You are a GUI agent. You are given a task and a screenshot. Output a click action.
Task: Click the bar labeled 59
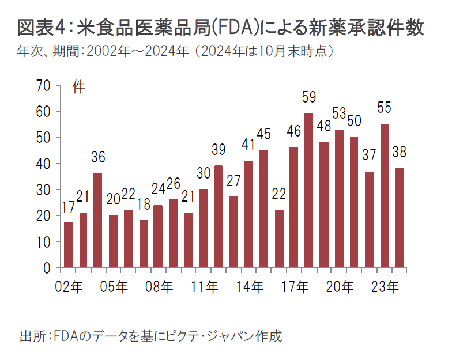(x=308, y=191)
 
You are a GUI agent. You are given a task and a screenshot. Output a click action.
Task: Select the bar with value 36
(x=98, y=220)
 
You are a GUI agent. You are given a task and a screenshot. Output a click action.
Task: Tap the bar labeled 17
(x=68, y=245)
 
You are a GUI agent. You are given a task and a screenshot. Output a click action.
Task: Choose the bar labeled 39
(x=218, y=217)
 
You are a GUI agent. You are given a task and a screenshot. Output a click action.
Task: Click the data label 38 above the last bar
(x=399, y=153)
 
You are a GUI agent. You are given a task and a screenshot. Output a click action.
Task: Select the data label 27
(x=233, y=181)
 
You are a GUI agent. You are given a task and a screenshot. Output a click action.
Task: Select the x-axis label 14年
(x=251, y=286)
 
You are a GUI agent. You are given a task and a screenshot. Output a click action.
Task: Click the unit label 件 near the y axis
(x=78, y=87)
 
